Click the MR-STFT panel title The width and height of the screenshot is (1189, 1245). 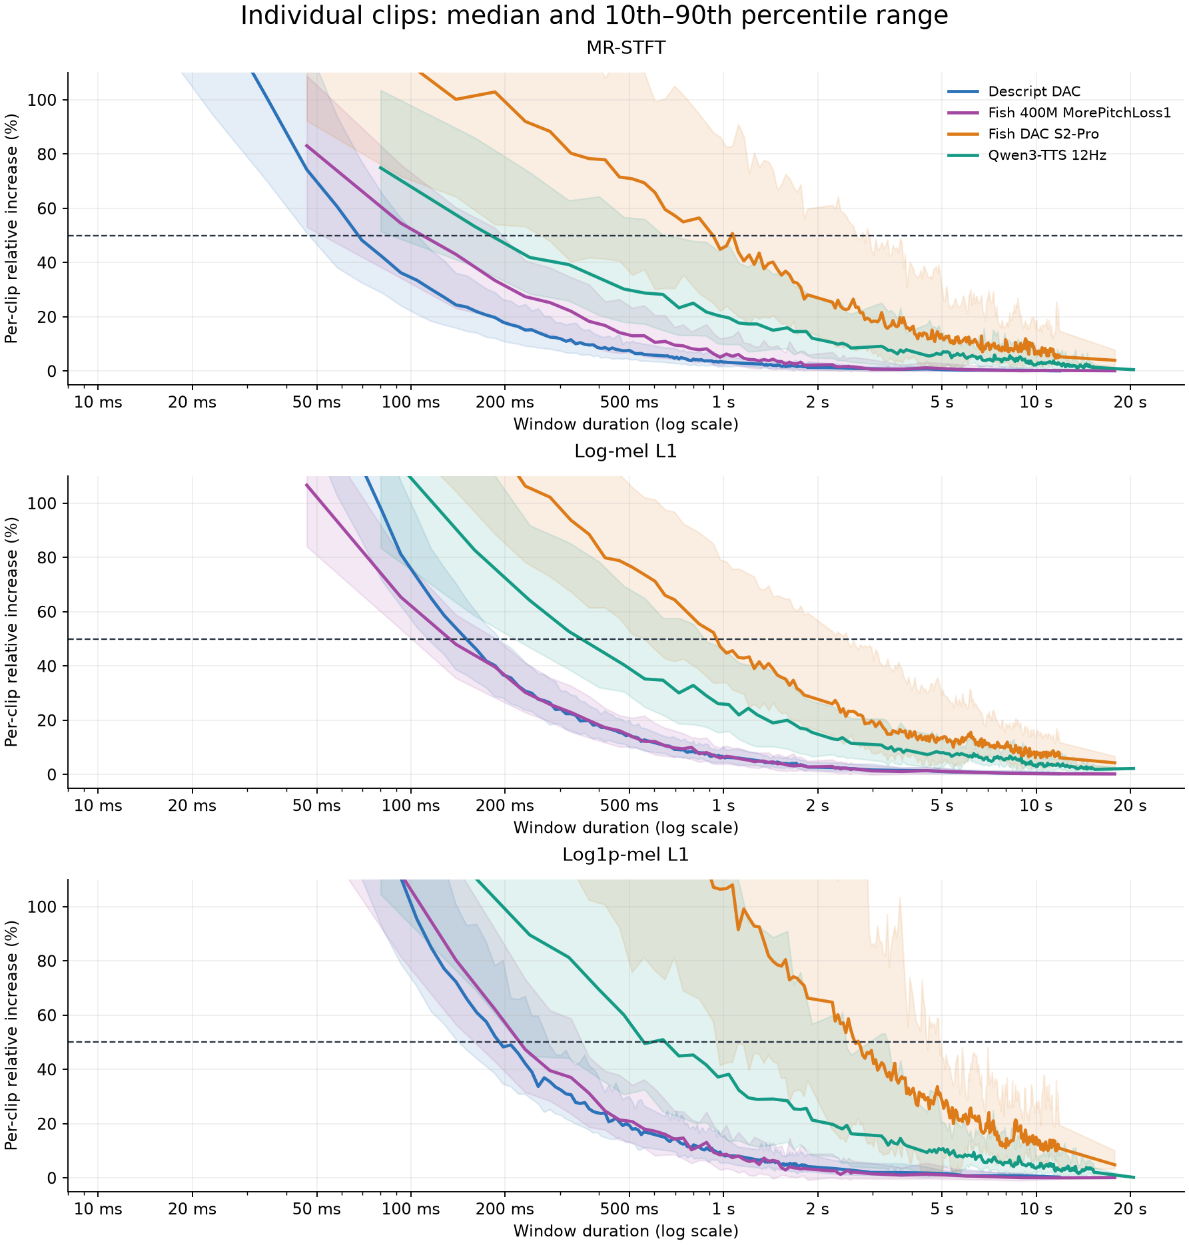625,48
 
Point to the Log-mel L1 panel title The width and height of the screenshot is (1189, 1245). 625,451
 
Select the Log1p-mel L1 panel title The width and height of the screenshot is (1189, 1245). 625,855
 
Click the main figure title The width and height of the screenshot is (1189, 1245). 594,16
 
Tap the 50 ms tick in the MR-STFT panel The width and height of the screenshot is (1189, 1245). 316,402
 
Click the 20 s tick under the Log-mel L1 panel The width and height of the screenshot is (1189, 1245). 1130,806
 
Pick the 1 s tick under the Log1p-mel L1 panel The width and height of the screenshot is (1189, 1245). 723,1209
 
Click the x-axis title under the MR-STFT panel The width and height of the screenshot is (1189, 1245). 625,424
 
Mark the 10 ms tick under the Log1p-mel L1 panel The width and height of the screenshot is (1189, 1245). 98,1209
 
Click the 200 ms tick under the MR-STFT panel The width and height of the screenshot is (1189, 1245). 504,402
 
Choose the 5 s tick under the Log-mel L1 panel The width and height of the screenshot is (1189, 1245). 942,806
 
